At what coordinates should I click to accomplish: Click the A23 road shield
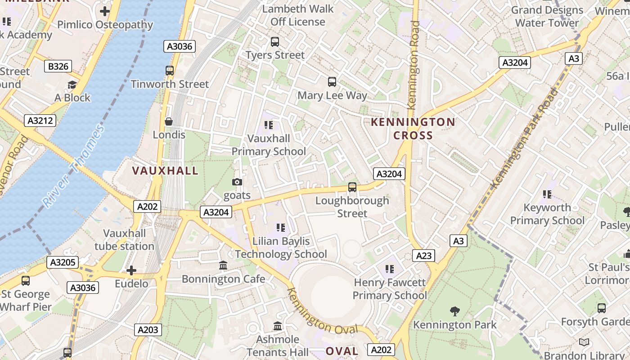[x=423, y=256]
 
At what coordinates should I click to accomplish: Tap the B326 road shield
[x=58, y=67]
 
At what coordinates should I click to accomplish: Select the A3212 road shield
[x=40, y=121]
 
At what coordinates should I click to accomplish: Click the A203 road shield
[x=148, y=330]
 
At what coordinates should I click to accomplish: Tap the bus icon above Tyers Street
[x=274, y=42]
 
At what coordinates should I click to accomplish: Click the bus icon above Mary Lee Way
[x=332, y=82]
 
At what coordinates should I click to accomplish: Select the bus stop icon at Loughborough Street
[x=352, y=187]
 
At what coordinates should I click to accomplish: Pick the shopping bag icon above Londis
[x=169, y=121]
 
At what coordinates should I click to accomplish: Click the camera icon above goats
[x=237, y=182]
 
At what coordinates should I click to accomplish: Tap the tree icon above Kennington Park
[x=455, y=311]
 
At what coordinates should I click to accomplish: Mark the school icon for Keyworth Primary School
[x=547, y=194]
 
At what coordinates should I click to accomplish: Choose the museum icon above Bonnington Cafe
[x=223, y=265]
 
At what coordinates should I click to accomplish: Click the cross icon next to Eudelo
[x=131, y=270]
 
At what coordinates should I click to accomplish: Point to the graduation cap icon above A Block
[x=72, y=85]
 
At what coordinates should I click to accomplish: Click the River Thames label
[x=75, y=166]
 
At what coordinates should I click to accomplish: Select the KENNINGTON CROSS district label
[x=413, y=129]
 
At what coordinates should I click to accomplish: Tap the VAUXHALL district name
[x=165, y=171]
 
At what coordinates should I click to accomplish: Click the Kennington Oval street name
[x=322, y=311]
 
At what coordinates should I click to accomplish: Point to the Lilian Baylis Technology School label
[x=281, y=247]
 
